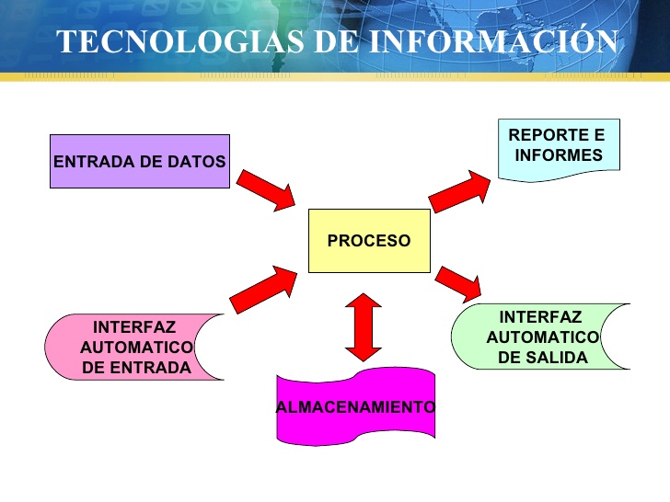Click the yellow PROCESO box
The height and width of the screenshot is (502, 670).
point(368,241)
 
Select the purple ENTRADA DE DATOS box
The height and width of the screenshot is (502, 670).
point(139,162)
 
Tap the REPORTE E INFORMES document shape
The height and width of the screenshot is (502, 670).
point(559,146)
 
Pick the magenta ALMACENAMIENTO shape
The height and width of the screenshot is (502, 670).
point(355,406)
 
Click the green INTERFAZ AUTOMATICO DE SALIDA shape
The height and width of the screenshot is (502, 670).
point(542,337)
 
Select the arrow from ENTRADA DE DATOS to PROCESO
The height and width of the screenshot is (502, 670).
point(265,190)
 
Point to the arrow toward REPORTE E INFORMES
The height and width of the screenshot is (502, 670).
point(460,191)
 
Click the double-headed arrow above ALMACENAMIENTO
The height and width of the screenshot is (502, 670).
point(364,326)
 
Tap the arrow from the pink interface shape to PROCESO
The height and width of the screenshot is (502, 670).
point(262,289)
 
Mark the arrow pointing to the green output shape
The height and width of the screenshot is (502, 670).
point(459,282)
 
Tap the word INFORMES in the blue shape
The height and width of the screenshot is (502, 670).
point(559,155)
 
